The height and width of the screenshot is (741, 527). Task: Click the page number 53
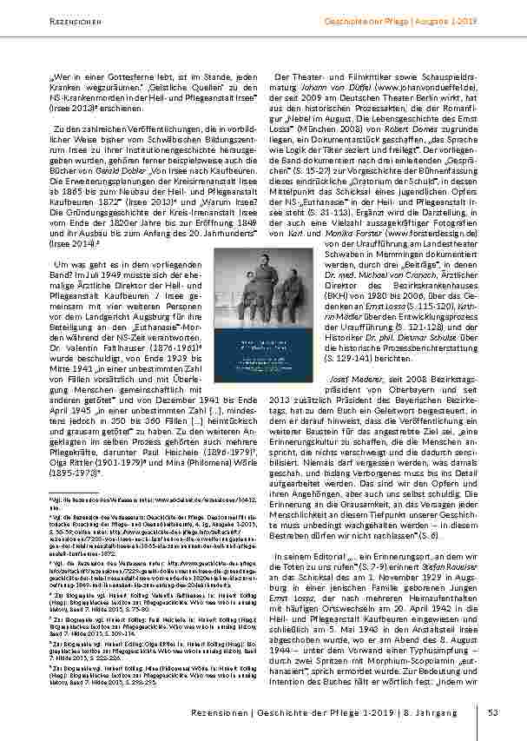pyautogui.click(x=492, y=714)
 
